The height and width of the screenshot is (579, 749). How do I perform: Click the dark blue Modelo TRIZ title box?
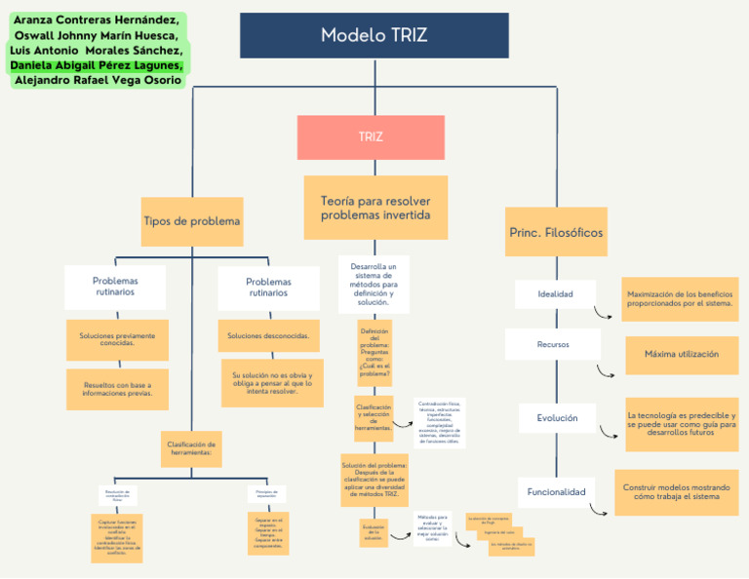pyautogui.click(x=374, y=35)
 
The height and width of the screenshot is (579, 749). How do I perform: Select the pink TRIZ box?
pyautogui.click(x=371, y=137)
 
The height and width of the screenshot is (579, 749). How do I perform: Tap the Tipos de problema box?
pyautogui.click(x=191, y=221)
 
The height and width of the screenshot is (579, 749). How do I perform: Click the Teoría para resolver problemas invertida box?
pyautogui.click(x=375, y=208)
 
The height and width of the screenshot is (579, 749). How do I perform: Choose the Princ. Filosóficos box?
pyautogui.click(x=556, y=232)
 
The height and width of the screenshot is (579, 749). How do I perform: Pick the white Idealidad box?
pyautogui.click(x=555, y=293)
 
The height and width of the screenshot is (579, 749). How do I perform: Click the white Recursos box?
pyautogui.click(x=553, y=344)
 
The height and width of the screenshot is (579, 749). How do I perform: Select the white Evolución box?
pyautogui.click(x=557, y=418)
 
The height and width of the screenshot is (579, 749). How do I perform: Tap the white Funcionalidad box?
pyautogui.click(x=556, y=492)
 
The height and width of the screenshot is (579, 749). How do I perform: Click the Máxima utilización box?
pyautogui.click(x=681, y=354)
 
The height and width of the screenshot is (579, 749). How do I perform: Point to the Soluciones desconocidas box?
pyautogui.click(x=268, y=335)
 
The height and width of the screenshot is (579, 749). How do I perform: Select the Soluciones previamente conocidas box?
pyautogui.click(x=117, y=339)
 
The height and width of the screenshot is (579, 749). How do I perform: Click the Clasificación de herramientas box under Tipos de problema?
pyautogui.click(x=191, y=448)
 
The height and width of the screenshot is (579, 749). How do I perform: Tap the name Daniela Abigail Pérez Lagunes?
pyautogui.click(x=96, y=64)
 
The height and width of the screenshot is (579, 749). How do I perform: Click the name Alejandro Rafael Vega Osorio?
pyautogui.click(x=98, y=80)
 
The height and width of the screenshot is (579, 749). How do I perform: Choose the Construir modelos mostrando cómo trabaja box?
pyautogui.click(x=676, y=491)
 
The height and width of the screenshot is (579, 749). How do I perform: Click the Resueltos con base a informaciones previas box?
pyautogui.click(x=117, y=389)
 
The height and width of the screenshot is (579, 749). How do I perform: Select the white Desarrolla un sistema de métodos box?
pyautogui.click(x=374, y=284)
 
